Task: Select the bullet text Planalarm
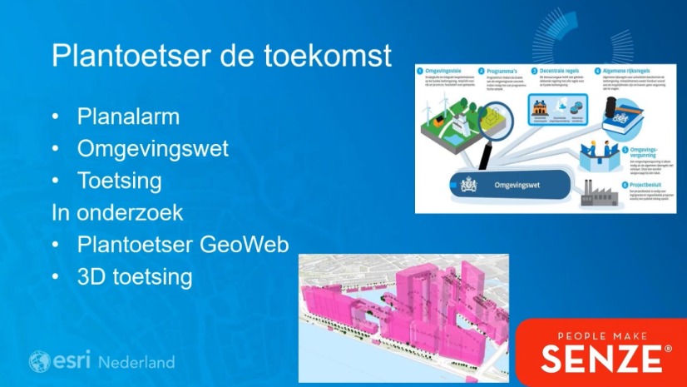pyautogui.click(x=128, y=116)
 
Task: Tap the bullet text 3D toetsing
pyautogui.click(x=135, y=275)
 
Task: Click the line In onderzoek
pyautogui.click(x=117, y=212)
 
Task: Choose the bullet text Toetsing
pyautogui.click(x=120, y=180)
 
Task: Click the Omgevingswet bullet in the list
pyautogui.click(x=153, y=148)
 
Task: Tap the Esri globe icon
pyautogui.click(x=39, y=361)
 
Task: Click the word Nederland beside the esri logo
pyautogui.click(x=136, y=362)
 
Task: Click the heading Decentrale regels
pyautogui.click(x=556, y=71)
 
